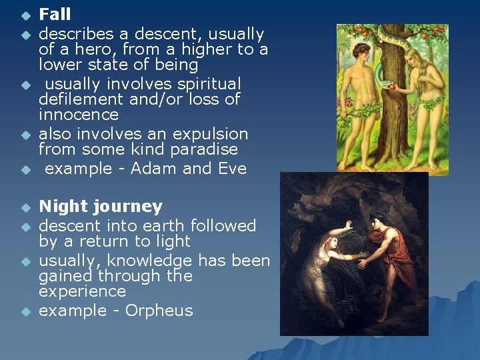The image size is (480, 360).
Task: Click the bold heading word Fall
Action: point(55,14)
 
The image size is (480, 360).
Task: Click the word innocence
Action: point(77,115)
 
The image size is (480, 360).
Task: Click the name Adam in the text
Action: point(154,169)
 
